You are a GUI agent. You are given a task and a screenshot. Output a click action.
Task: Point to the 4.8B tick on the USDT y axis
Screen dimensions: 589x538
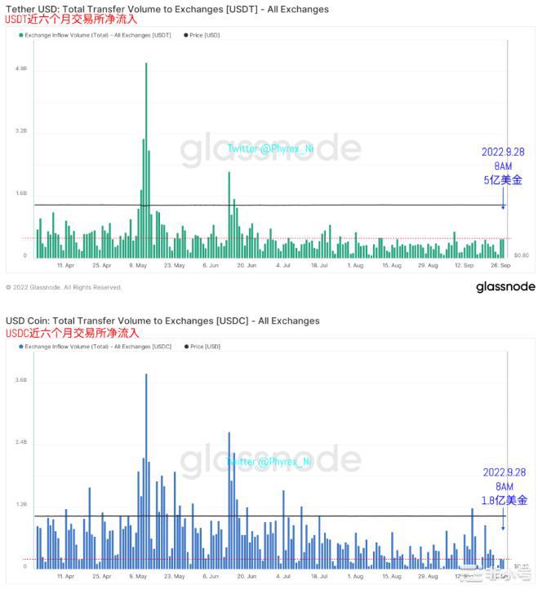pos(20,69)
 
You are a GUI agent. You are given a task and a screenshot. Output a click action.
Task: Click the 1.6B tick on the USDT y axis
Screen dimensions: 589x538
pos(20,193)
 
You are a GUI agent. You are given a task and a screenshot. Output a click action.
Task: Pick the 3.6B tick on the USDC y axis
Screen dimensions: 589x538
pos(20,380)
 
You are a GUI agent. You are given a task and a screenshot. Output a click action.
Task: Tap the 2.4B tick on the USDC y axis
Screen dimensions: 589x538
pos(20,442)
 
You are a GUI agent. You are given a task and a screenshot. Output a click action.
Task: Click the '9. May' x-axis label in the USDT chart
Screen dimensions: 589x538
pos(137,265)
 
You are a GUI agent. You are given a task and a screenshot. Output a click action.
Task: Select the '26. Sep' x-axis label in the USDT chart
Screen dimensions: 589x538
pos(500,265)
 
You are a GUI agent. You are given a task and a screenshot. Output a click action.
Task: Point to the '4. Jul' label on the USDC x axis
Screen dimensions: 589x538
pos(283,575)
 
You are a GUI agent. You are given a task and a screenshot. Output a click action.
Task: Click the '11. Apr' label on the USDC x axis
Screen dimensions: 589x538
pos(66,575)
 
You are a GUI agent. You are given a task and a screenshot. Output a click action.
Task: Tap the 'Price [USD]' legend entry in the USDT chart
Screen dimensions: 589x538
pos(204,35)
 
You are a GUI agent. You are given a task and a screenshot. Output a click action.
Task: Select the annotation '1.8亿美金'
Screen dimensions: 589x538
pos(504,500)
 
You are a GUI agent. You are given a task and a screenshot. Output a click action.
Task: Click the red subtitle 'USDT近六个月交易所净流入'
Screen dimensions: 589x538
pos(72,20)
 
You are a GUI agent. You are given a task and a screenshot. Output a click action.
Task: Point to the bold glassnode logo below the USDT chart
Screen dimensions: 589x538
pos(505,286)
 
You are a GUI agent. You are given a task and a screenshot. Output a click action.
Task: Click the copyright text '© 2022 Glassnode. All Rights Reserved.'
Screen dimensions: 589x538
pos(64,287)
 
